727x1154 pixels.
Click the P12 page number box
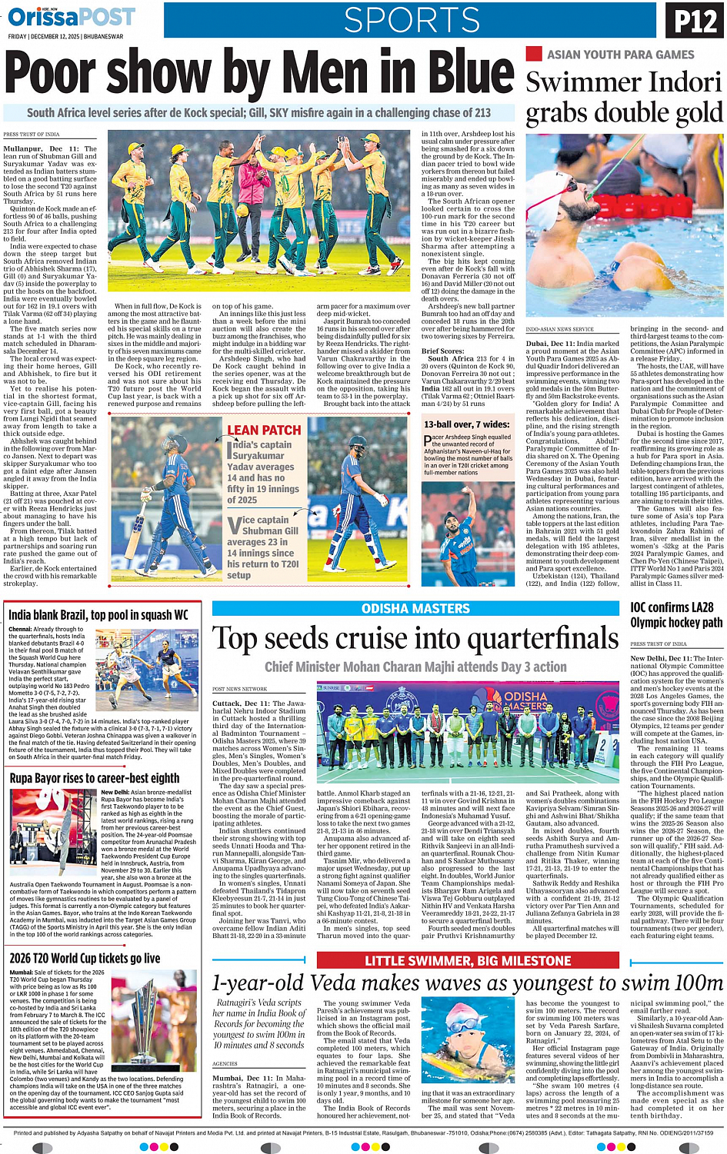pyautogui.click(x=695, y=22)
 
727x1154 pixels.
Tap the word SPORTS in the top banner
pyautogui.click(x=412, y=20)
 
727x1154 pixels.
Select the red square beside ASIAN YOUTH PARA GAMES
pyautogui.click(x=533, y=54)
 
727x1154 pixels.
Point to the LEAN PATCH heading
pyautogui.click(x=264, y=431)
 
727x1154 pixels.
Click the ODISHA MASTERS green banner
pyautogui.click(x=415, y=608)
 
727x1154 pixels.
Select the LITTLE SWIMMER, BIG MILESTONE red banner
pyautogui.click(x=468, y=960)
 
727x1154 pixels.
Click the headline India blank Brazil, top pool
pyautogui.click(x=98, y=615)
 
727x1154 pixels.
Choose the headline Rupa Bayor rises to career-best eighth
pyautogui.click(x=94, y=779)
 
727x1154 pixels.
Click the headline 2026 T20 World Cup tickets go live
pyautogui.click(x=85, y=958)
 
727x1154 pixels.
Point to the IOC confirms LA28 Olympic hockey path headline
pyautogui.click(x=676, y=615)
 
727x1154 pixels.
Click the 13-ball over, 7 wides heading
pyautogui.click(x=466, y=424)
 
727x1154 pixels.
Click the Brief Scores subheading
pyautogui.click(x=442, y=351)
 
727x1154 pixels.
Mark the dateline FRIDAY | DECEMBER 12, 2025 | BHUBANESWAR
pyautogui.click(x=65, y=36)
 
